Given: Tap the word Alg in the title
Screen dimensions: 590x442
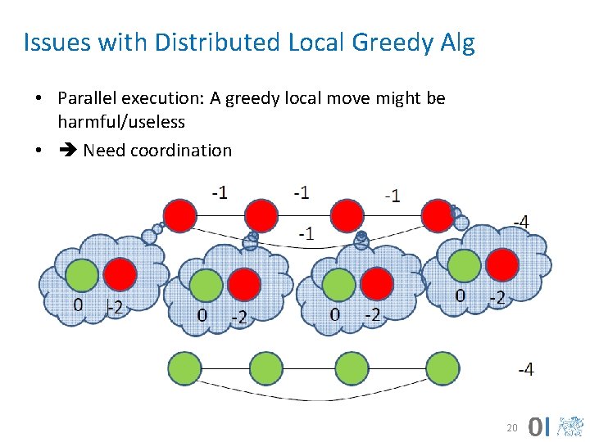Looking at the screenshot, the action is tap(458, 43).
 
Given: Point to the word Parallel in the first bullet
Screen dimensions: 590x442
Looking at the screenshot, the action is tap(87, 99).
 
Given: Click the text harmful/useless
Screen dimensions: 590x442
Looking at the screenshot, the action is tap(121, 122).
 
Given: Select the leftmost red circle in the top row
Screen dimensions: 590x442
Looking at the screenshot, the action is tap(180, 215).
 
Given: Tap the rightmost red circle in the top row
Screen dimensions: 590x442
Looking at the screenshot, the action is tap(437, 215).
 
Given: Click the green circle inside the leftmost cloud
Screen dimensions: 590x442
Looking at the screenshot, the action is tap(82, 276).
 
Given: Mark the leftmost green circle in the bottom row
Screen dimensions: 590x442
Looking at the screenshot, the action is tap(185, 368).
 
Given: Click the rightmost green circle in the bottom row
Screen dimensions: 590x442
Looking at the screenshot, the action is tap(442, 368).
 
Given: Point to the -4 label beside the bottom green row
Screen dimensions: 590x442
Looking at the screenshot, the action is tap(526, 370).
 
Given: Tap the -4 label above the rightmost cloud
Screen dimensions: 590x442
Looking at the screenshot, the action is tap(520, 222).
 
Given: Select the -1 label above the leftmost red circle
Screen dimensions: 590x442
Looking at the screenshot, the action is tap(219, 193).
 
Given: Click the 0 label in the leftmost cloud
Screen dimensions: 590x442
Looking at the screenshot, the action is tap(78, 306).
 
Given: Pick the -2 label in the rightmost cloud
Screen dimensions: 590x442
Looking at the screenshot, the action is tap(496, 297).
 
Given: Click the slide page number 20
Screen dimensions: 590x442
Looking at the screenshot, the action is tap(512, 427).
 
